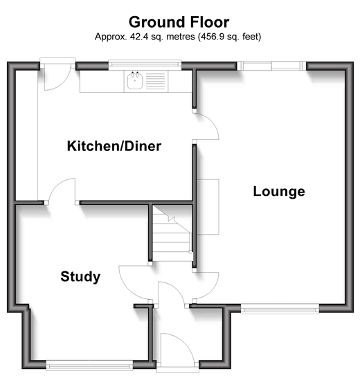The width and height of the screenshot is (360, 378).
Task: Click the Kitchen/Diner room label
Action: [x=114, y=146]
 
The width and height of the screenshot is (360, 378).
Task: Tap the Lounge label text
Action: [x=279, y=192]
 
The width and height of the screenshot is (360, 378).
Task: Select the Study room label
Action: [x=80, y=276]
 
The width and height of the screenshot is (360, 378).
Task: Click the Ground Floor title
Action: [x=179, y=22]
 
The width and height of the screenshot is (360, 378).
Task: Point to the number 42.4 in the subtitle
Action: [x=139, y=37]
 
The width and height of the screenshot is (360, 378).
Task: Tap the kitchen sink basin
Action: [x=135, y=80]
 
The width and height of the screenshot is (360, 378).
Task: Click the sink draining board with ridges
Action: [x=156, y=81]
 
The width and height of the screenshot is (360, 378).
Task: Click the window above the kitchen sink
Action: [x=145, y=64]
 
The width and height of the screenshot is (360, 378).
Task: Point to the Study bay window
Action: [x=89, y=366]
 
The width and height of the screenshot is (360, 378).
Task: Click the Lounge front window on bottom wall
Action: [x=280, y=309]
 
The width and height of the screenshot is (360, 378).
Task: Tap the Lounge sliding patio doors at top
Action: [x=271, y=66]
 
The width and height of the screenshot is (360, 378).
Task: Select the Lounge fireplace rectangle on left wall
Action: [x=208, y=207]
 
